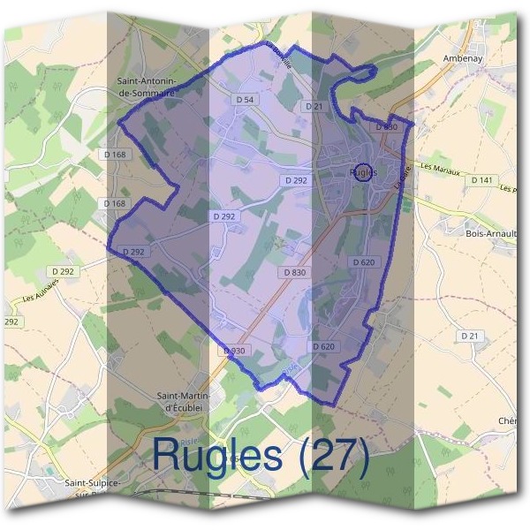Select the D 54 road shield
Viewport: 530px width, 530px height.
(246, 101)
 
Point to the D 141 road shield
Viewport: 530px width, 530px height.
(481, 180)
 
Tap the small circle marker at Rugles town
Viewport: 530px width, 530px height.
(360, 171)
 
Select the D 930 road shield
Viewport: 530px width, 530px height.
(233, 351)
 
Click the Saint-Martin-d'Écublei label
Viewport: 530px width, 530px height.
(186, 401)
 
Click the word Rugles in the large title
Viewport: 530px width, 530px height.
(220, 455)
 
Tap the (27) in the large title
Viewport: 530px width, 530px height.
(333, 455)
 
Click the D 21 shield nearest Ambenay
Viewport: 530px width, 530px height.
(314, 106)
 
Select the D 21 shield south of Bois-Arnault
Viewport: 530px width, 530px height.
(469, 336)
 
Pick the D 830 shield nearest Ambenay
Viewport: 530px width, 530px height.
(387, 127)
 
